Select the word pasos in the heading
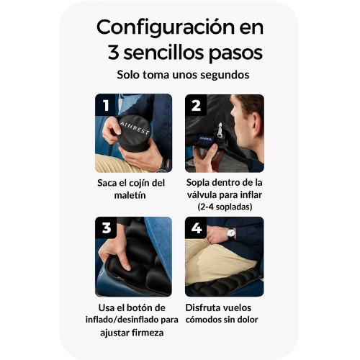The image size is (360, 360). click(232, 53)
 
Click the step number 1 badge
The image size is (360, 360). click(106, 105)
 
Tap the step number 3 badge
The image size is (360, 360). click(106, 228)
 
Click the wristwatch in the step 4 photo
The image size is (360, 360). click(231, 233)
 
